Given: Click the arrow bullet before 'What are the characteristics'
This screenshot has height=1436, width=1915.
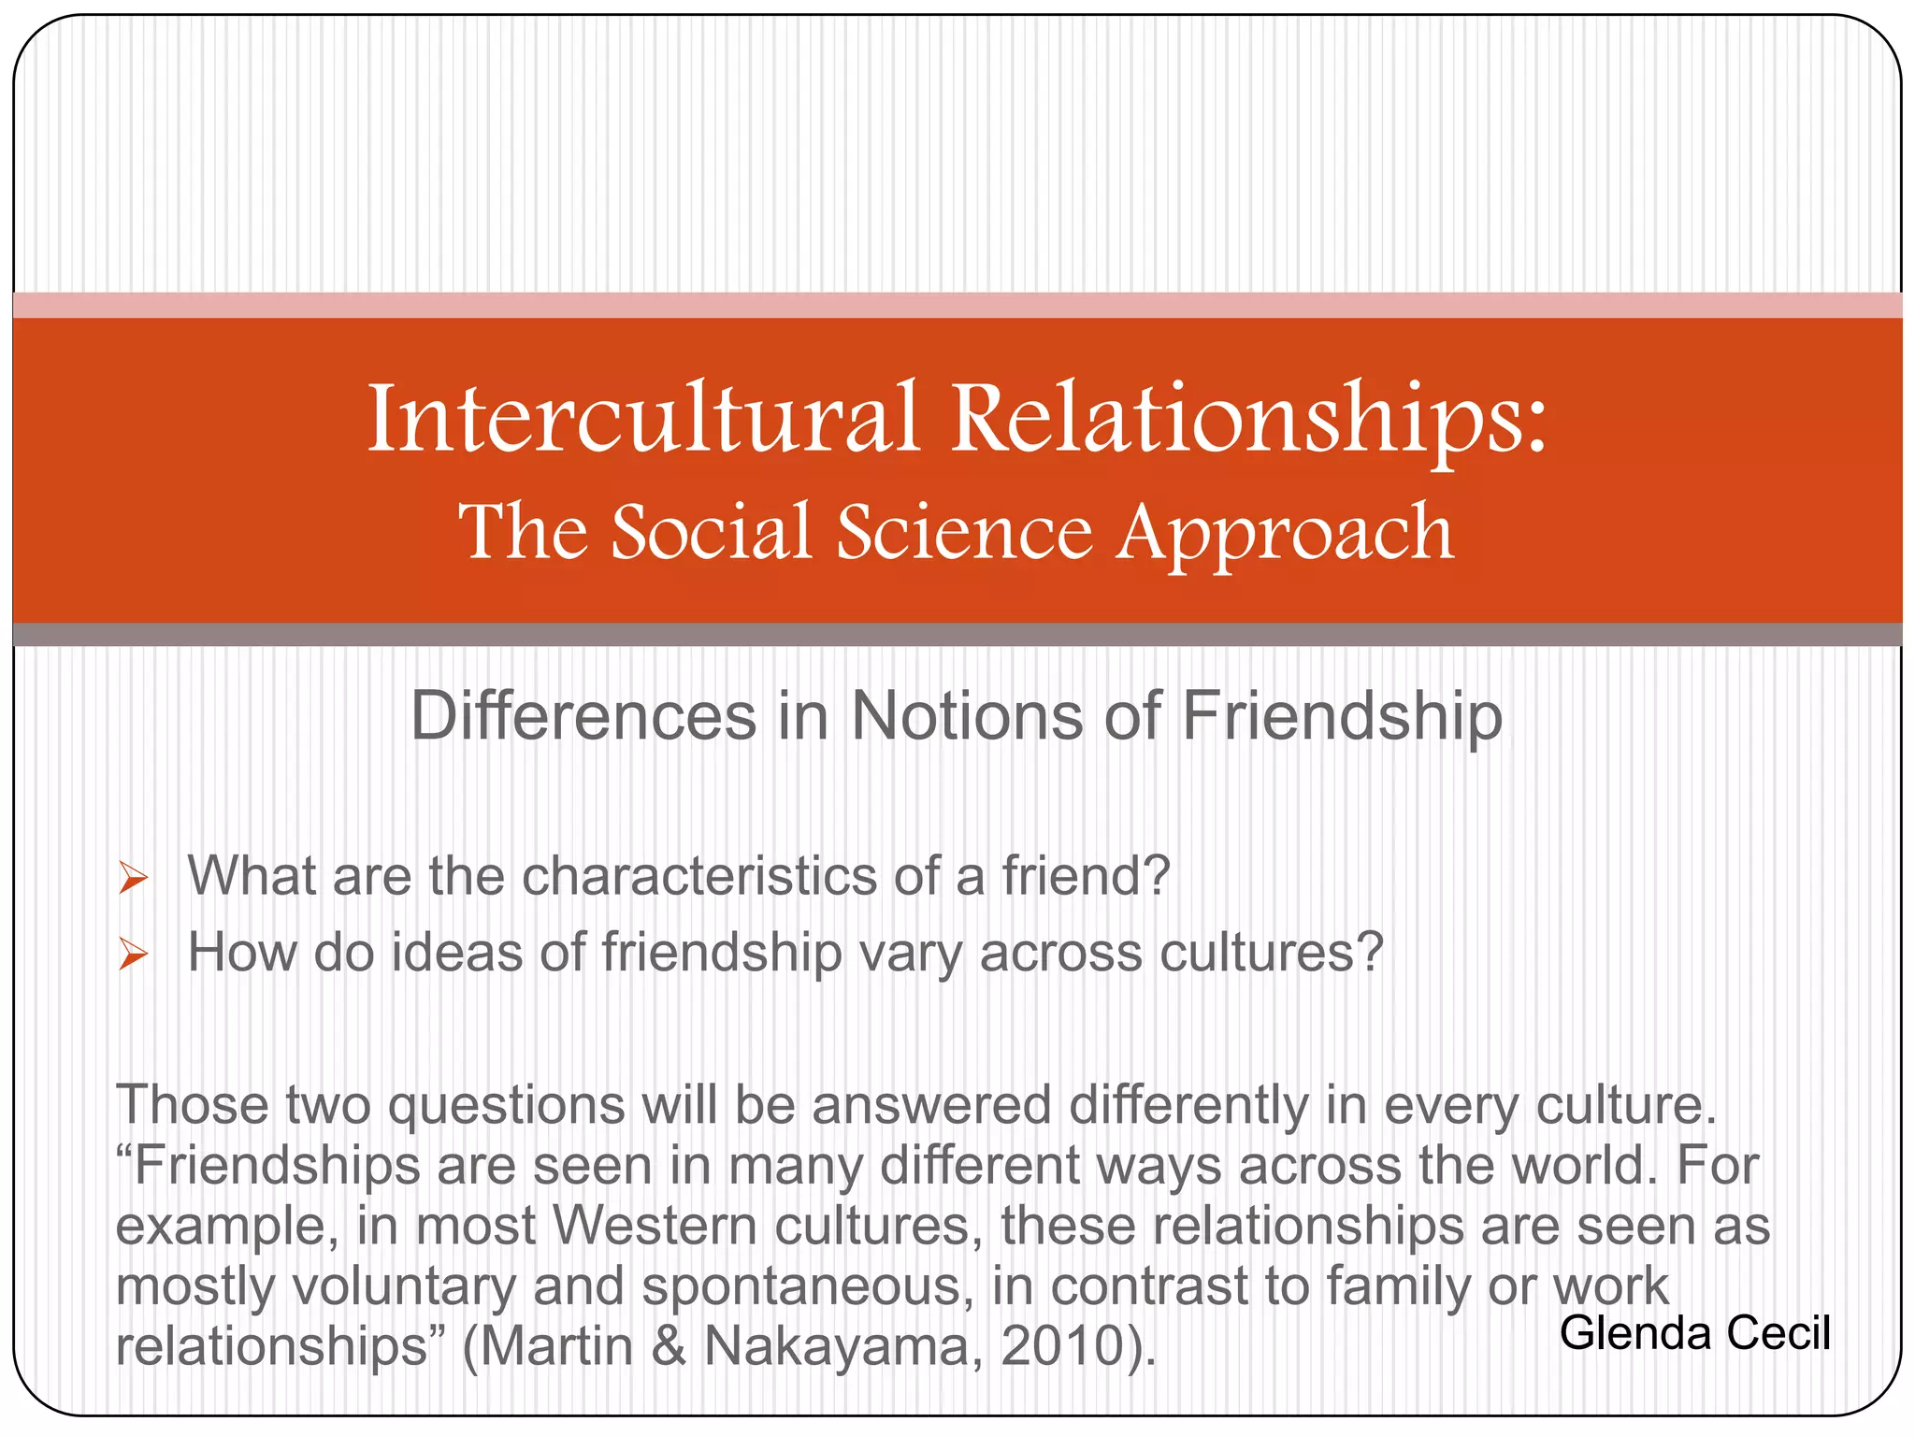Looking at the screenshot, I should point(134,878).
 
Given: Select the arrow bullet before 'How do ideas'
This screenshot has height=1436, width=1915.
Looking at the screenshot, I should point(134,955).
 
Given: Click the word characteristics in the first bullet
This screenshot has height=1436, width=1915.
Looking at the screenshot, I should point(698,876).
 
